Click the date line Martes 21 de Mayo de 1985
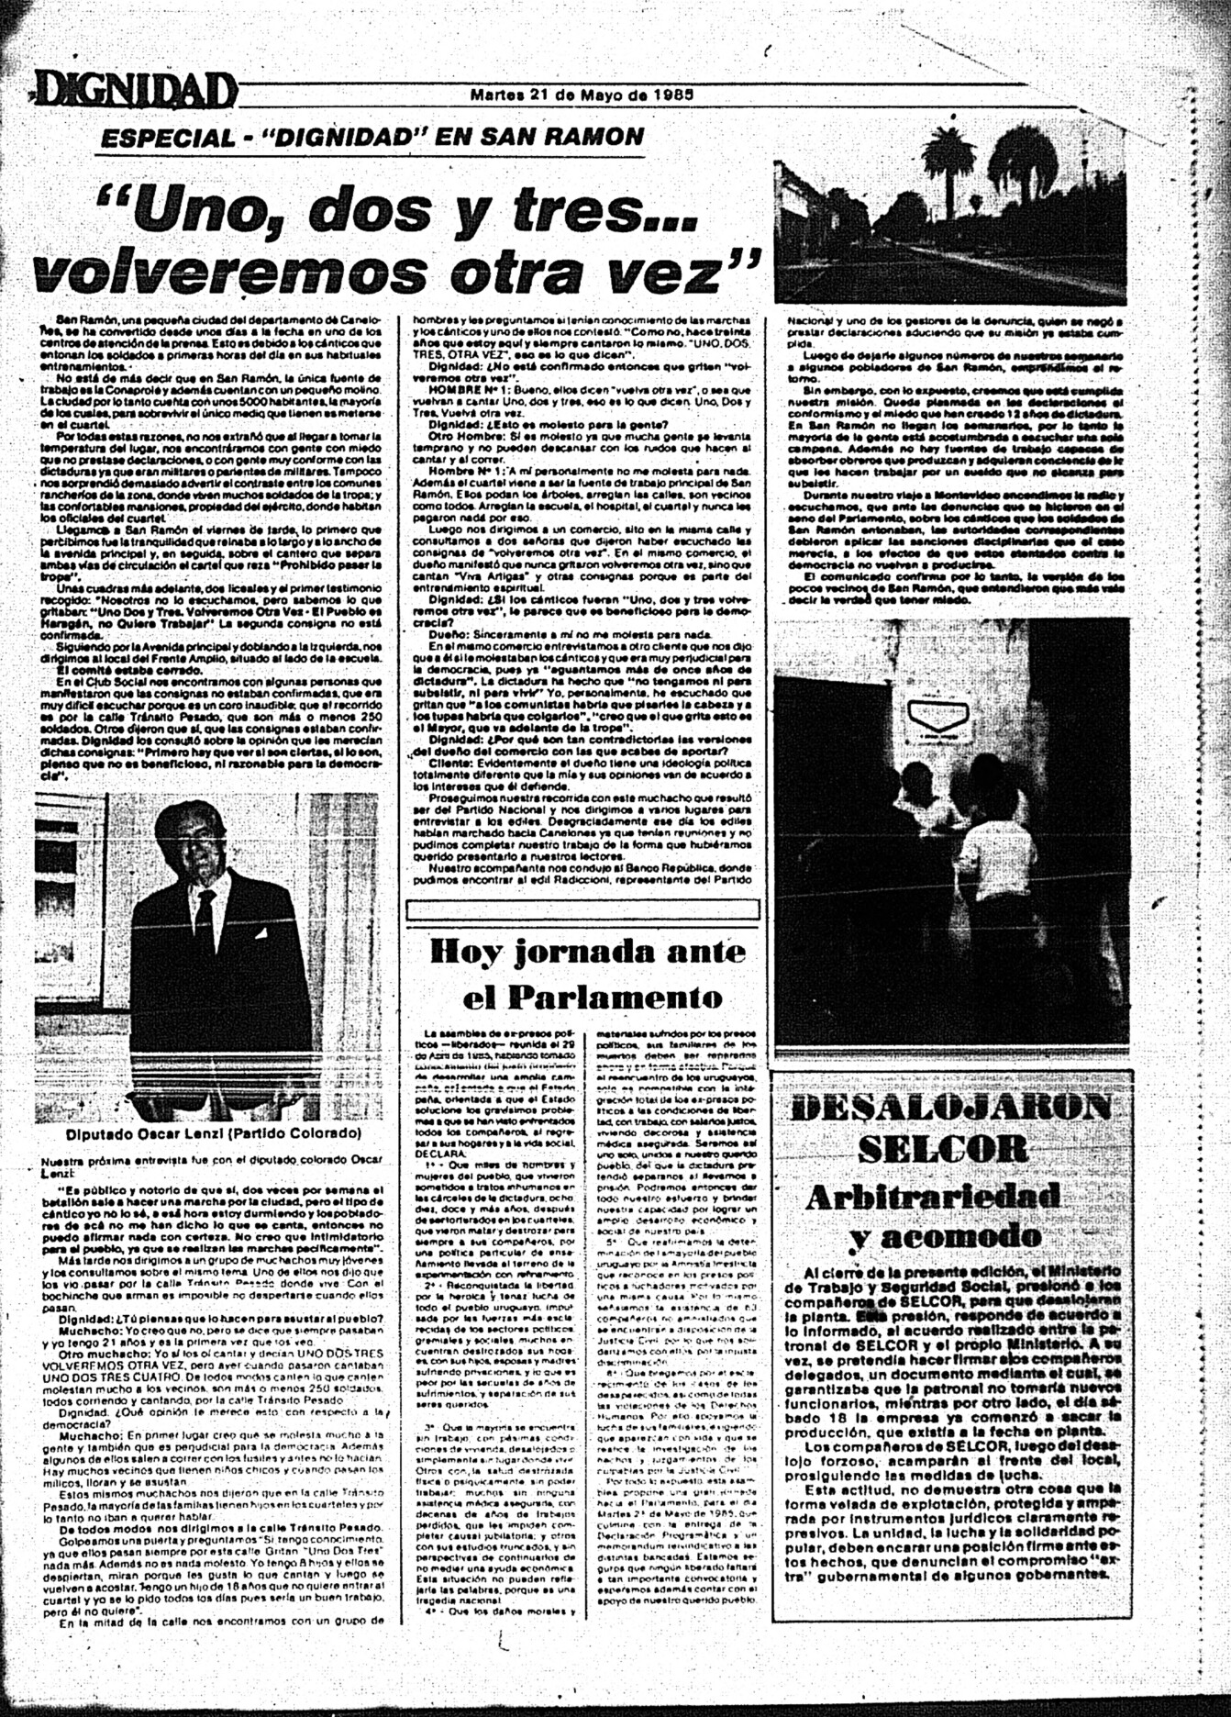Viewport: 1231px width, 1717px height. click(x=581, y=94)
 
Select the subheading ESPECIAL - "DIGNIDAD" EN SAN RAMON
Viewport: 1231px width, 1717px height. click(x=372, y=138)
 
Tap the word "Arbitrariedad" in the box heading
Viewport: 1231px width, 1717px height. click(x=933, y=1196)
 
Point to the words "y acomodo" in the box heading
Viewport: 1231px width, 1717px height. click(x=945, y=1237)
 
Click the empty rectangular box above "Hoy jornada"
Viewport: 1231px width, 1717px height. click(x=582, y=910)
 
